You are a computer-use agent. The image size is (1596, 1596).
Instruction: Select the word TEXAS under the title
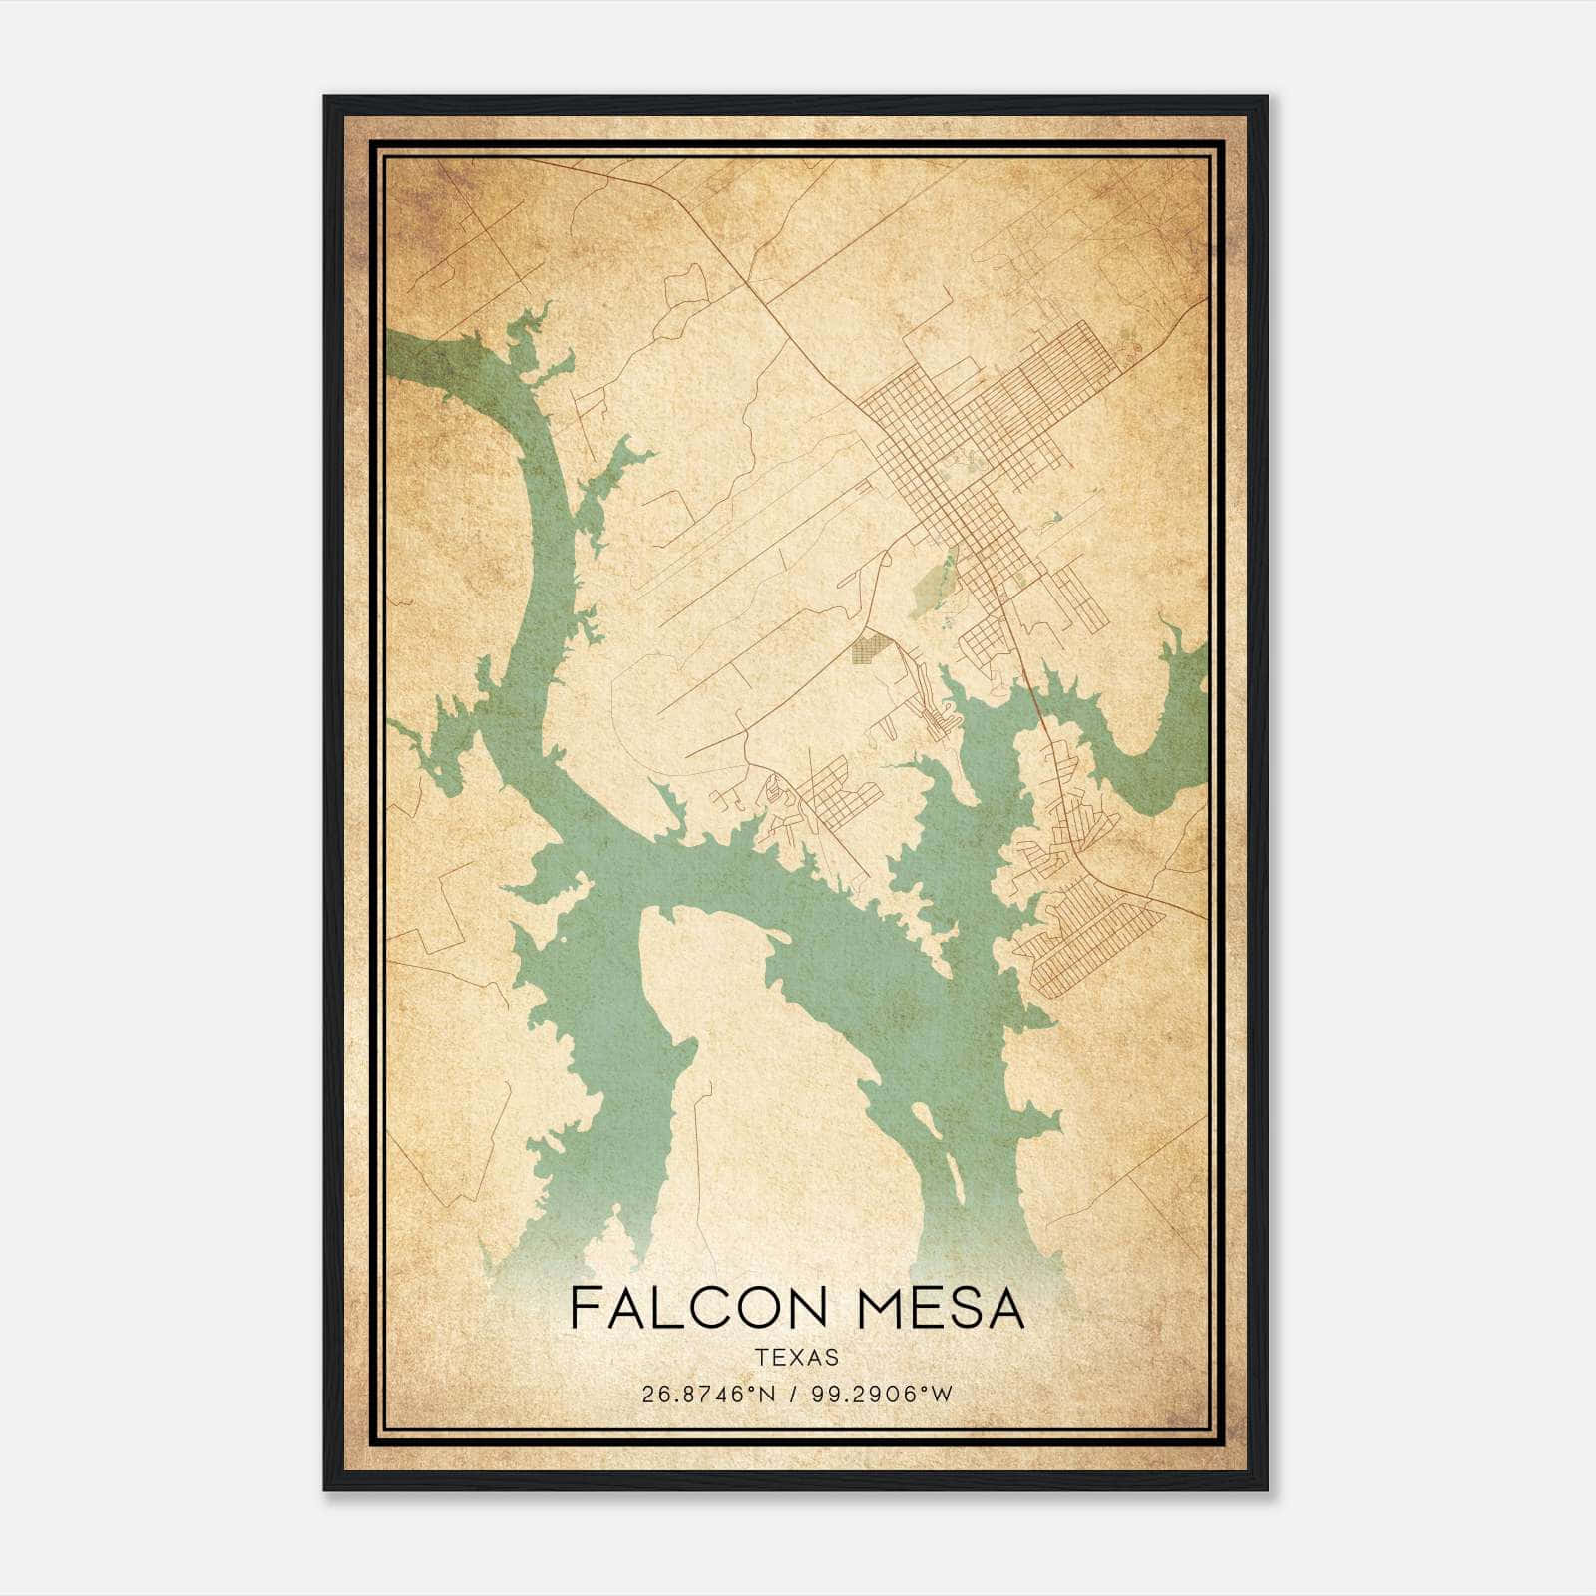point(797,1357)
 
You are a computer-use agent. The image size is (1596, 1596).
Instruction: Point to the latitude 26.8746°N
point(708,1395)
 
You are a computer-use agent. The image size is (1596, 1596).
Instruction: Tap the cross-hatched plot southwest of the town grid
point(867,649)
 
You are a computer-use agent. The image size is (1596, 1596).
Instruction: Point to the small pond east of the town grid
point(1052,519)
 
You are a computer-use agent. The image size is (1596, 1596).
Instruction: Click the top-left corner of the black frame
point(325,98)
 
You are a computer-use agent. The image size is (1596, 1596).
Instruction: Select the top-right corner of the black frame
point(1266,98)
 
